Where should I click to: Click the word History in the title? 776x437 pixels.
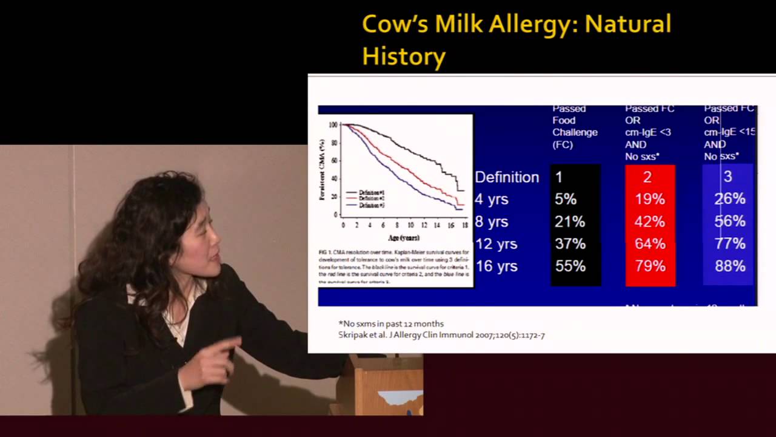pos(404,56)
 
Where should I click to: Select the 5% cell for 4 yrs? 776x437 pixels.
pos(565,199)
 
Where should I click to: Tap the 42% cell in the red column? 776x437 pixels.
pos(650,222)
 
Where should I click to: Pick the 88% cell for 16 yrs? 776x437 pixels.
pos(729,266)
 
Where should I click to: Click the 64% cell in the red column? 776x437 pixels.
pos(650,243)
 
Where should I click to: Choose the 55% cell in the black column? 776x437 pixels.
pos(570,266)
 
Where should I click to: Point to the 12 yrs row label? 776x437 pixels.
pos(496,243)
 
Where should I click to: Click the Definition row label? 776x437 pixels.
pos(507,177)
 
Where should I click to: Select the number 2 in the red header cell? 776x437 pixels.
pos(647,177)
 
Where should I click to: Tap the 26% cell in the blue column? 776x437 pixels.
pos(729,199)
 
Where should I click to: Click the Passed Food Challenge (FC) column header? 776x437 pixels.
pos(574,126)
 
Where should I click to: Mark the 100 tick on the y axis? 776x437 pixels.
pos(333,125)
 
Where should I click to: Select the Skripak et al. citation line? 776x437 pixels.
pos(441,334)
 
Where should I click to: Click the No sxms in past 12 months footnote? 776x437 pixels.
pos(391,324)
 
